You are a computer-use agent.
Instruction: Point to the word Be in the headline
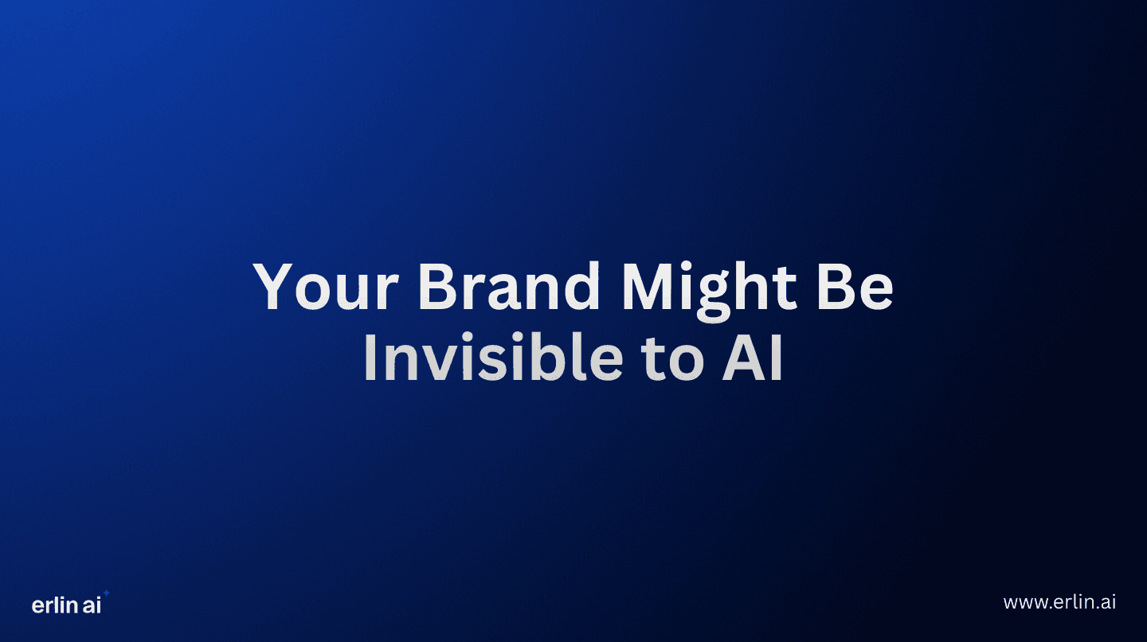click(x=860, y=288)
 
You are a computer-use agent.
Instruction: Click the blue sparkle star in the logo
click(x=107, y=593)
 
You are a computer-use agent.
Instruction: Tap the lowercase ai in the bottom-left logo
click(x=92, y=605)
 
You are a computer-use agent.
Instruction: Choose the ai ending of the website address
click(x=1108, y=602)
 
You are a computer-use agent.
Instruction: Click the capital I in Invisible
click(x=369, y=359)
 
